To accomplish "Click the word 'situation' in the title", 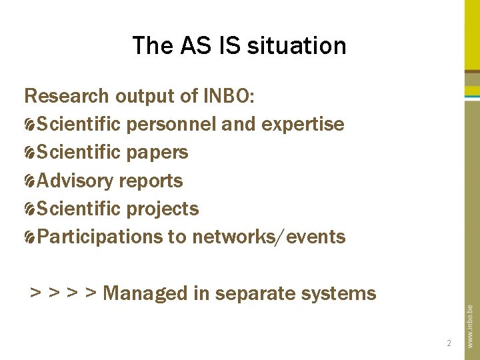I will (297, 46).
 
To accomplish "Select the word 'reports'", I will (151, 181).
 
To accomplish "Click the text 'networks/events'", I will (269, 237).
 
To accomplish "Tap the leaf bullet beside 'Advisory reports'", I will (30, 181).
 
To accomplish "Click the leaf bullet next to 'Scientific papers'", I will (30, 153).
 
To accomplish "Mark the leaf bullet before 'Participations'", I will (30, 237).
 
